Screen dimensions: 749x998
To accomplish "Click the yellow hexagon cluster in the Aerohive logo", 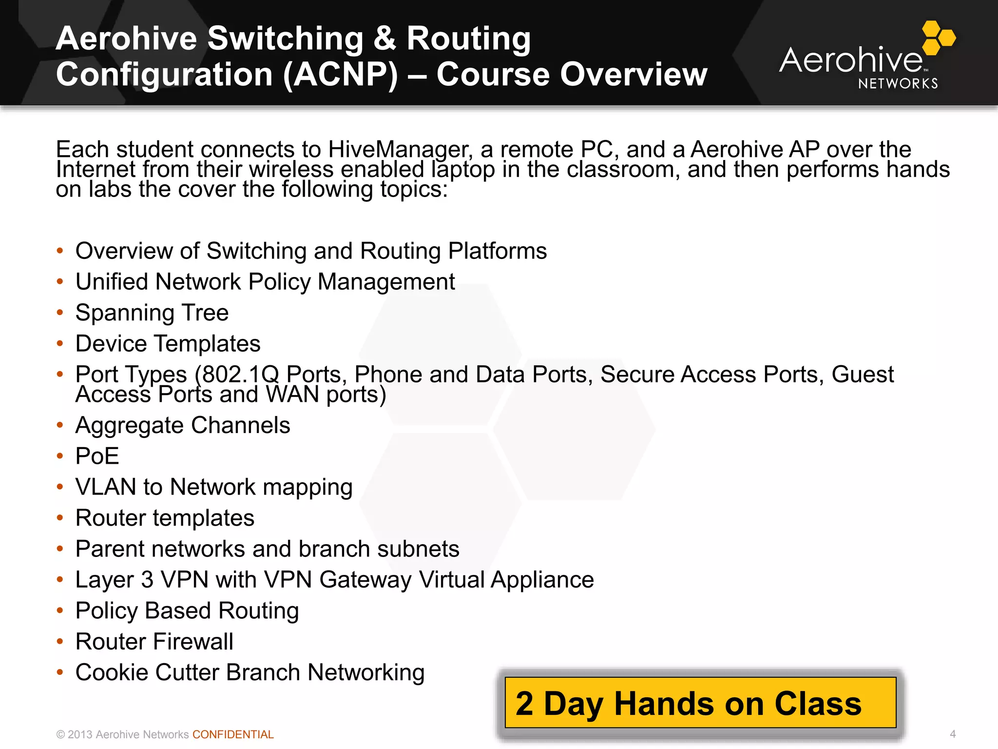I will [939, 38].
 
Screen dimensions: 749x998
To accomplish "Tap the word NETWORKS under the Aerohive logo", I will [898, 84].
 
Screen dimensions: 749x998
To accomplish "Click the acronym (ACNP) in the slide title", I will [341, 75].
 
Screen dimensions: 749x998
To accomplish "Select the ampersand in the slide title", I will [385, 39].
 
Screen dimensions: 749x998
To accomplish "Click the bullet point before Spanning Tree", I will [60, 312].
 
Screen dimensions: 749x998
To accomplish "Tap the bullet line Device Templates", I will [168, 344].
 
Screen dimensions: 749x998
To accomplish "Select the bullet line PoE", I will [97, 456].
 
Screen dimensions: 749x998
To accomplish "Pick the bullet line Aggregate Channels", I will [183, 425].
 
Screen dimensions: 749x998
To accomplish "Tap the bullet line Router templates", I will [165, 518].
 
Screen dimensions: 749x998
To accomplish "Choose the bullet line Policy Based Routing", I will [187, 611].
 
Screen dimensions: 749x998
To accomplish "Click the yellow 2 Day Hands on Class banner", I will [700, 703].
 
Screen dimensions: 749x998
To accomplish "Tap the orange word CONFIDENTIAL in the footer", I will [233, 734].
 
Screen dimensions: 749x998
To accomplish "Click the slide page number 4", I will [953, 734].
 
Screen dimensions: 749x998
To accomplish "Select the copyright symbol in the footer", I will [60, 735].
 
